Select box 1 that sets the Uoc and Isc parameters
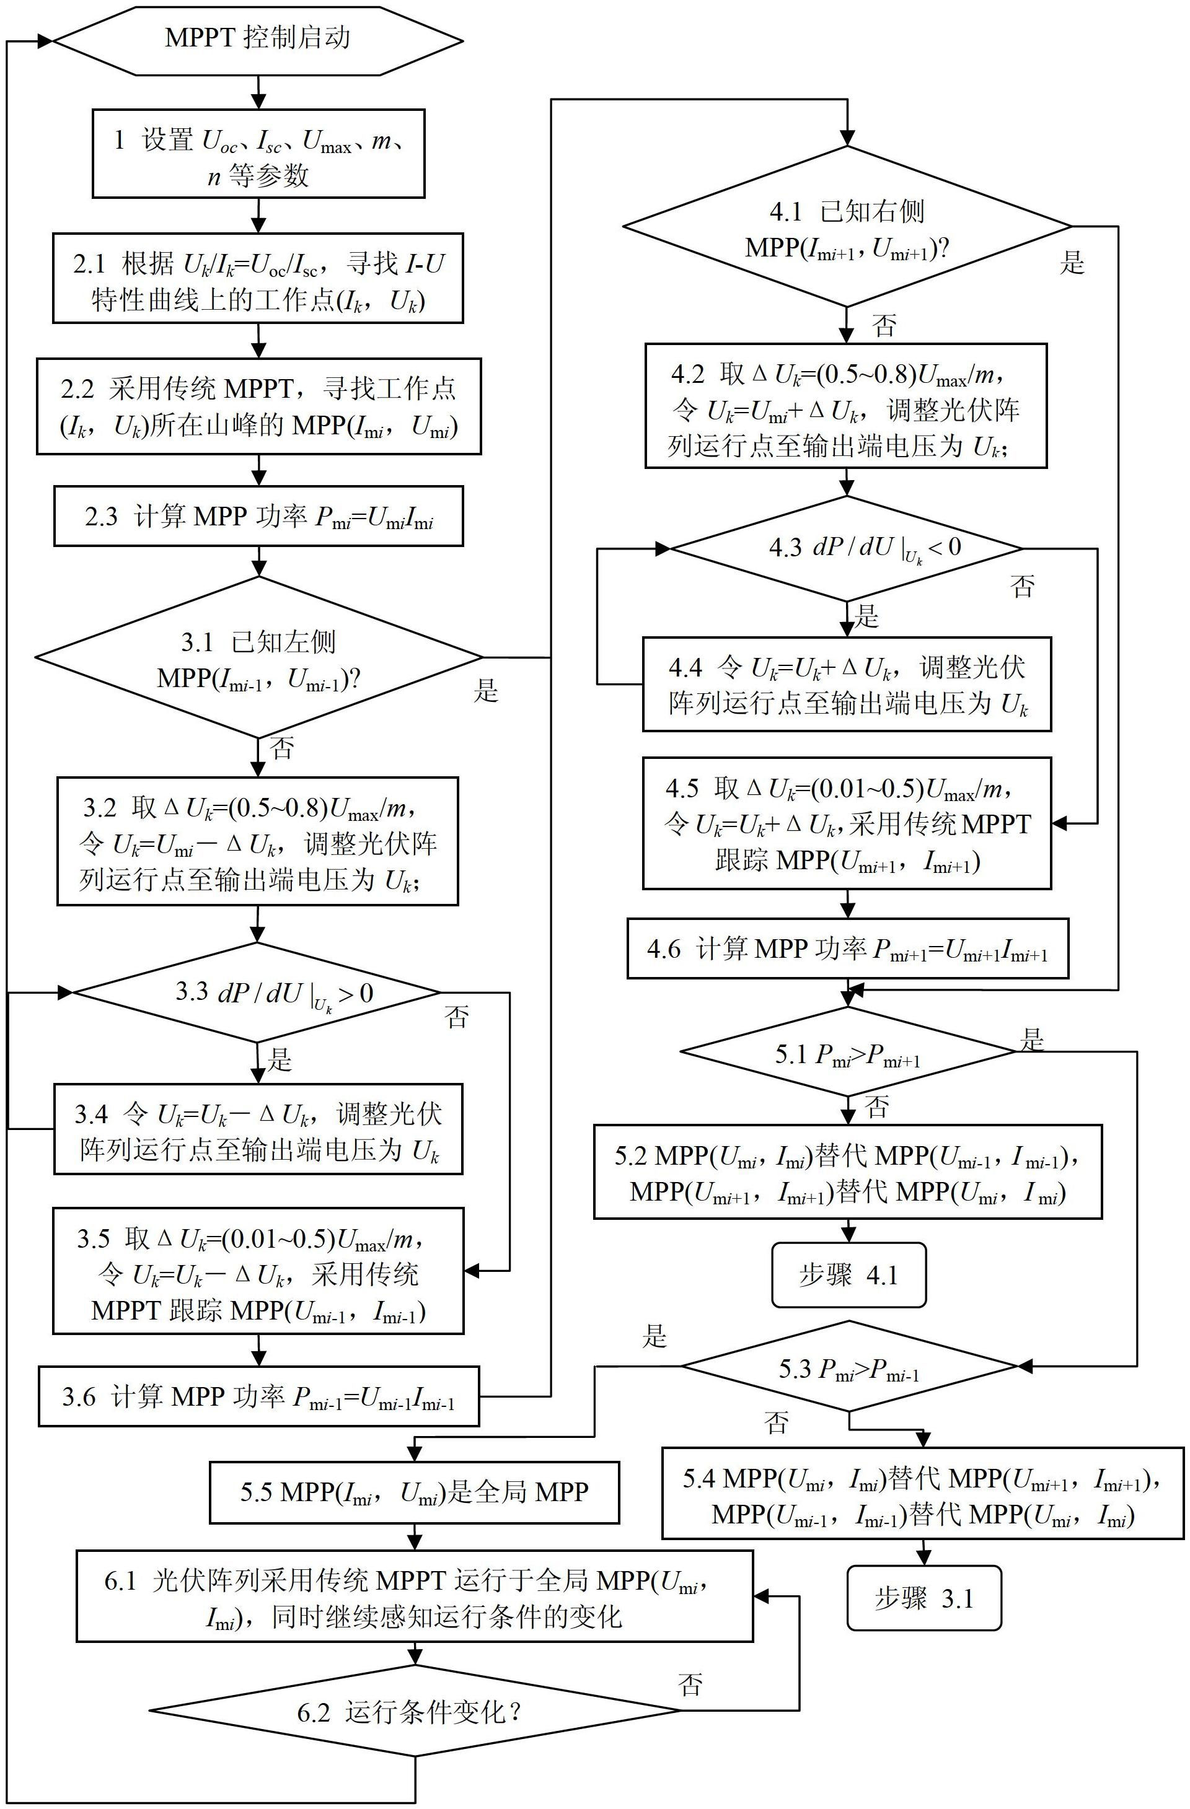pyautogui.click(x=258, y=154)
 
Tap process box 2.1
pyautogui.click(x=258, y=278)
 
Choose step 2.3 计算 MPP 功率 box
pyautogui.click(x=258, y=517)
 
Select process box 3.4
pyautogui.click(x=258, y=1129)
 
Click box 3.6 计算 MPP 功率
pyautogui.click(x=258, y=1396)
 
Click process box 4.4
pyautogui.click(x=847, y=685)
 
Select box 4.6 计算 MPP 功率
pyautogui.click(x=847, y=948)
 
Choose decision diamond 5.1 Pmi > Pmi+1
pyautogui.click(x=848, y=1052)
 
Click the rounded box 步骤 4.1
pyautogui.click(x=848, y=1274)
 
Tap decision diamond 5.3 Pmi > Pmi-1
pyautogui.click(x=848, y=1366)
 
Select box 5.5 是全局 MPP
pyautogui.click(x=415, y=1492)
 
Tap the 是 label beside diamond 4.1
pyautogui.click(x=1072, y=263)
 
